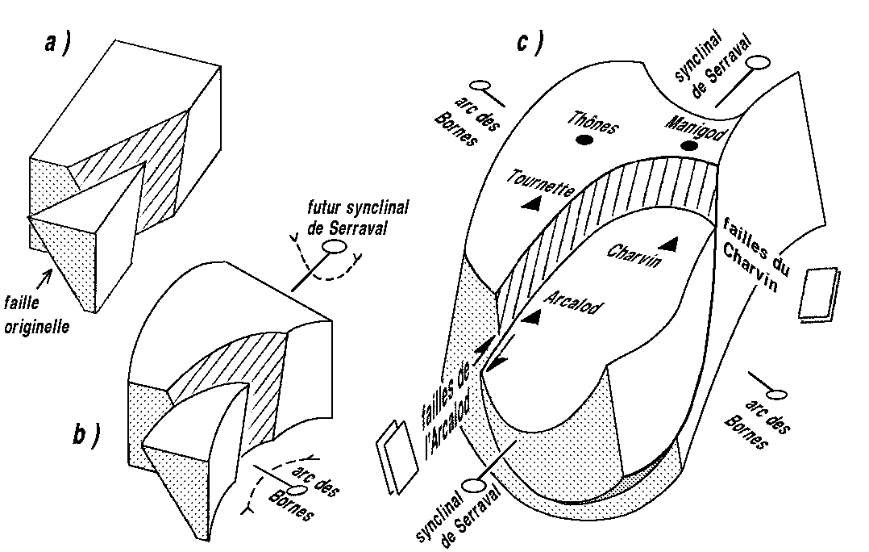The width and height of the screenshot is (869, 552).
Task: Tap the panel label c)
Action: click(528, 42)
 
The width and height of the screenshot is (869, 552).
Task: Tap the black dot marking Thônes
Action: click(584, 140)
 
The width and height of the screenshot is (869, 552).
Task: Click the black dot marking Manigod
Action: click(688, 145)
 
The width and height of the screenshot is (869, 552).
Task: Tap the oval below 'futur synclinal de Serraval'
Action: click(332, 247)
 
